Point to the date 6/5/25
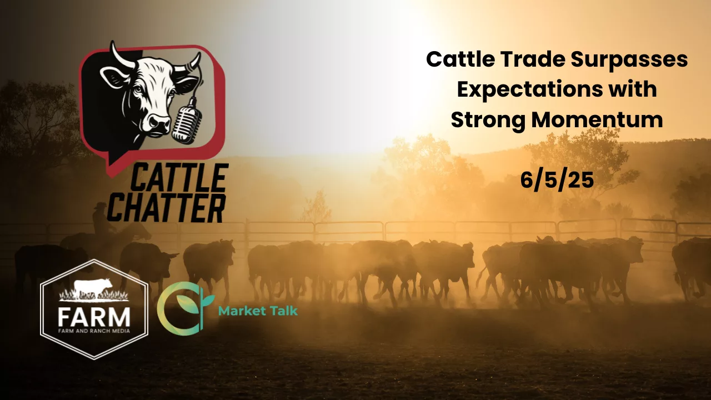tap(557, 181)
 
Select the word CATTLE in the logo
tap(179, 177)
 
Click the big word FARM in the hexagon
tap(94, 317)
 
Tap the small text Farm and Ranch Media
tap(94, 331)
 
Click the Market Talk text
tap(258, 311)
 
